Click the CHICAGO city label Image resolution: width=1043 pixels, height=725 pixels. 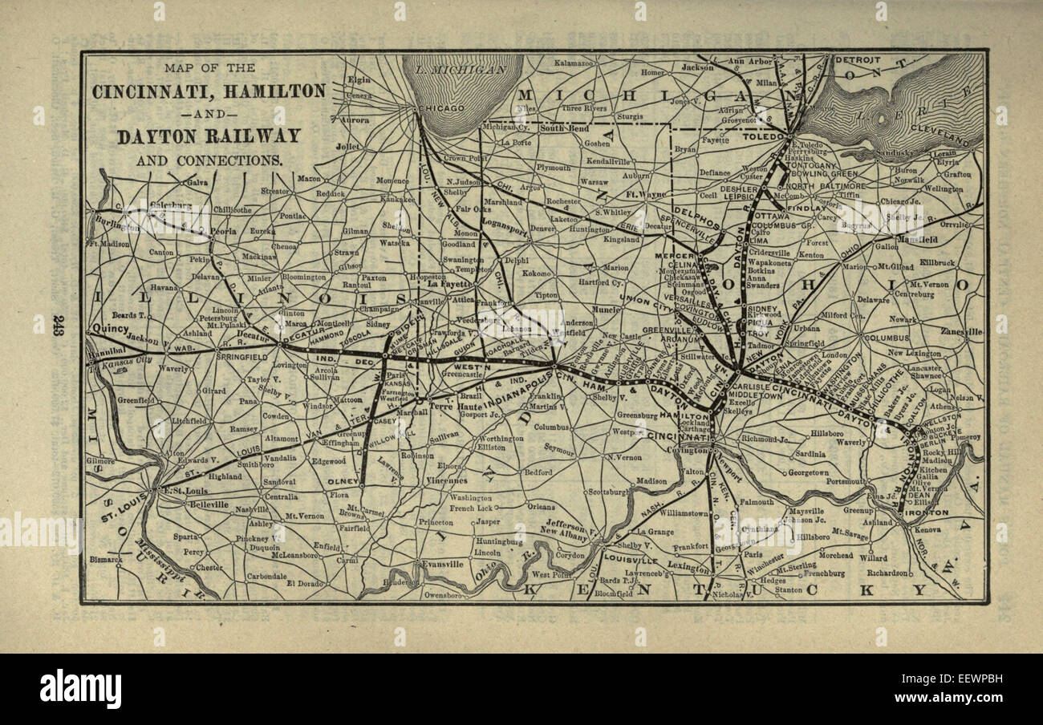pyautogui.click(x=438, y=108)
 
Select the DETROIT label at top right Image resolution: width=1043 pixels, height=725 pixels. pyautogui.click(x=857, y=60)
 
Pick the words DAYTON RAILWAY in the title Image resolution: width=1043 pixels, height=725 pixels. pyautogui.click(x=209, y=136)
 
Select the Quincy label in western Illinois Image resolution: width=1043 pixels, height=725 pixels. pyautogui.click(x=110, y=328)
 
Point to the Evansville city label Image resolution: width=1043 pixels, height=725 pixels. pyautogui.click(x=444, y=564)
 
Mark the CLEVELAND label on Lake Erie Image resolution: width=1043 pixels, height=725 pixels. pyautogui.click(x=952, y=134)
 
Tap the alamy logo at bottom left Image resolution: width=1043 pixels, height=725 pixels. pyautogui.click(x=80, y=689)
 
